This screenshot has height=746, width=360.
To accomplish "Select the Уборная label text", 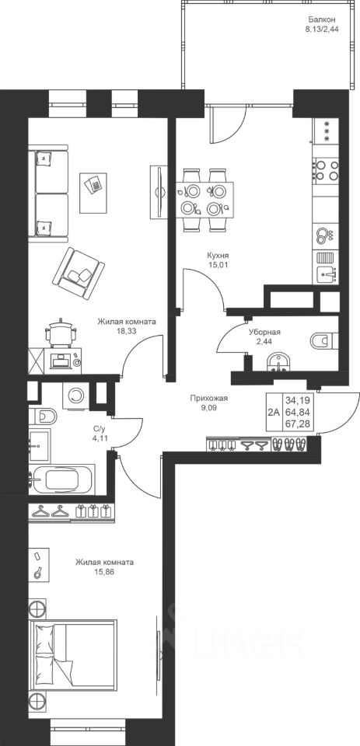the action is click(264, 333).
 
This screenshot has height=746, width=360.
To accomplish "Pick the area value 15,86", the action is click(104, 571).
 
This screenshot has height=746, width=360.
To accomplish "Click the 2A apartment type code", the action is click(274, 412).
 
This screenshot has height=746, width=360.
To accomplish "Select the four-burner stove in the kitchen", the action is click(326, 171).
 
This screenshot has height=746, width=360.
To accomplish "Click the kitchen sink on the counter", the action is click(326, 274).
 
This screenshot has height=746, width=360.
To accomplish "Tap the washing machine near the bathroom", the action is click(75, 396).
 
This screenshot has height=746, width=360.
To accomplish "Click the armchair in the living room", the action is click(79, 273).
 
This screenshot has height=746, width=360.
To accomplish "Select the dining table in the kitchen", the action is click(204, 200).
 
